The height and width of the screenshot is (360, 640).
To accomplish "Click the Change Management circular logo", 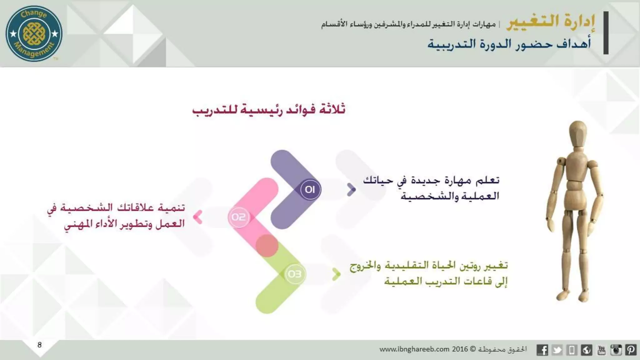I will click(x=34, y=33).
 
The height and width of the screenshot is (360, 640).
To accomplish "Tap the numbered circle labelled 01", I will click(x=310, y=189).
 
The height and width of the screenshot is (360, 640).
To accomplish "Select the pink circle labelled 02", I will click(x=239, y=217).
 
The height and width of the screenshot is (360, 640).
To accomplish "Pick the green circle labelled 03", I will click(x=294, y=274).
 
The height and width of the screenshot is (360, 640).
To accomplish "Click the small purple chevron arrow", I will click(x=351, y=190).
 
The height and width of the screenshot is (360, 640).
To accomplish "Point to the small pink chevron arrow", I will click(x=198, y=217).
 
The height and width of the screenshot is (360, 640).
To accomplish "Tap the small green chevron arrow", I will click(x=336, y=274).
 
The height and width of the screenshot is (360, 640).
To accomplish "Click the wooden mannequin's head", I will click(x=577, y=134).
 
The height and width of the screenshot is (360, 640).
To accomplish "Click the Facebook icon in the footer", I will click(x=542, y=350).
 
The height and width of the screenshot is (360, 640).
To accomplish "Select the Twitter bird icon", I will click(x=557, y=350).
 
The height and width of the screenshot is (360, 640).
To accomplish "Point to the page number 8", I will click(x=40, y=345).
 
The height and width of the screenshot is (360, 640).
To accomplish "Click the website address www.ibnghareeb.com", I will click(x=414, y=349).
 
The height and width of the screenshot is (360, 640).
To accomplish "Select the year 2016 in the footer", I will click(x=460, y=349).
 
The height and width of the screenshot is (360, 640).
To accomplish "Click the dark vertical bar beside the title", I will click(x=606, y=33).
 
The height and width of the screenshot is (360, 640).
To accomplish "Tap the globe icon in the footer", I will click(x=587, y=350).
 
